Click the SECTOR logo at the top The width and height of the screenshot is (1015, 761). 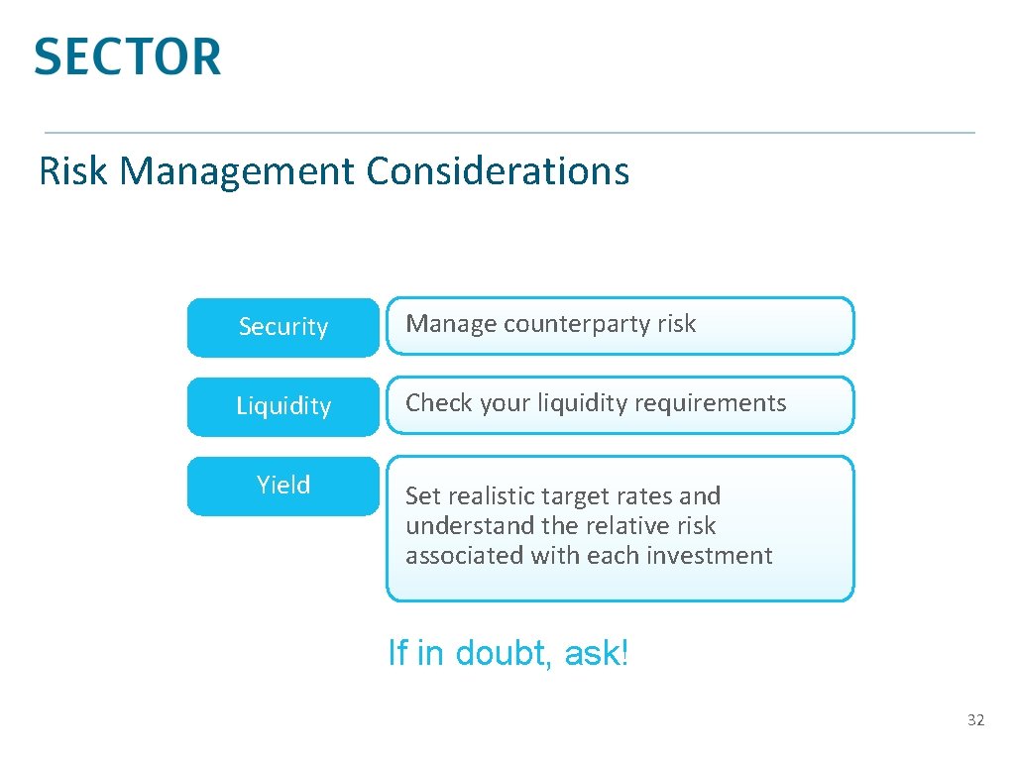point(127,56)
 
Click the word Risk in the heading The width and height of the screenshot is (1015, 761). point(72,170)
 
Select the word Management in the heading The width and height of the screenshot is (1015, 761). point(238,170)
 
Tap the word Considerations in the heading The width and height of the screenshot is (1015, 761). point(498,170)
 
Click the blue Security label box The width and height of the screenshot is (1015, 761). point(283,327)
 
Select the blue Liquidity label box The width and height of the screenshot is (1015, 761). point(283,406)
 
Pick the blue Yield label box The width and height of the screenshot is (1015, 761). point(283,486)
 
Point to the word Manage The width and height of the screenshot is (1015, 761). point(450,324)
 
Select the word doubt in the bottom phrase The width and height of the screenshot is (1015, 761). point(505,654)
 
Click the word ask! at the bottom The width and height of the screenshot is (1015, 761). point(596,654)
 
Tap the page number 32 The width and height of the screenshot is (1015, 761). point(975,720)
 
